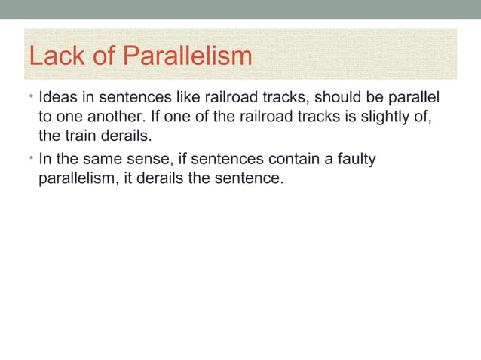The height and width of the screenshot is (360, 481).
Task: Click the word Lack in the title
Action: pos(51,57)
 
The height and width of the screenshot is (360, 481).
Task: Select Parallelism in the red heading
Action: pos(187,57)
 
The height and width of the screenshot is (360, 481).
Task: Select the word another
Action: pos(107,117)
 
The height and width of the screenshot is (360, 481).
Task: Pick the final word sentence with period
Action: pos(254,179)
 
